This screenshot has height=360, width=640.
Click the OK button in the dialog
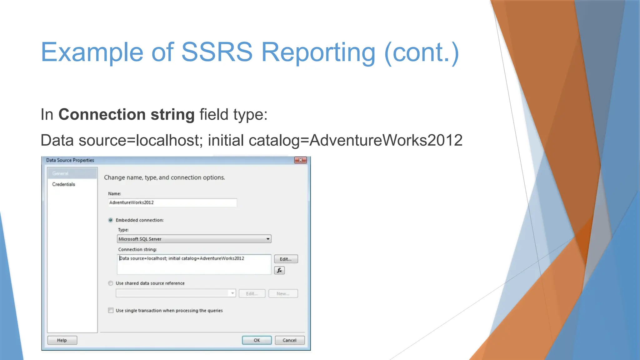pos(257,340)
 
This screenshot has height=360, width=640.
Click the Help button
pos(62,340)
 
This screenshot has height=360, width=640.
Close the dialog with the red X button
pos(300,160)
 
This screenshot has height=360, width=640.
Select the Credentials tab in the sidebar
pos(63,184)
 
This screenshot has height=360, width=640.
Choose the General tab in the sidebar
pos(60,173)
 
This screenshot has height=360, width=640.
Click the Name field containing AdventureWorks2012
pos(172,202)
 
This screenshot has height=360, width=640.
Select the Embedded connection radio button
pos(111,220)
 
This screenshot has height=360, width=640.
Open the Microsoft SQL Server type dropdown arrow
pos(268,239)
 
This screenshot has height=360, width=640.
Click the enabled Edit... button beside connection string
pos(286,259)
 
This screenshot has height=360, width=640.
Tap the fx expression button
pos(279,270)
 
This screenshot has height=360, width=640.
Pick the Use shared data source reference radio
pos(111,283)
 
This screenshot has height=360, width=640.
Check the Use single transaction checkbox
pos(111,310)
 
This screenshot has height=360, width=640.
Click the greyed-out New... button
pos(283,293)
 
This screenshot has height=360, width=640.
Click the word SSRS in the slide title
pos(217,52)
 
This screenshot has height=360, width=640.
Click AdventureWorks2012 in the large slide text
pos(386,140)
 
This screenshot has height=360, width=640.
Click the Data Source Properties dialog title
pos(70,160)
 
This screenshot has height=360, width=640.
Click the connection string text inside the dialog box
pos(182,258)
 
